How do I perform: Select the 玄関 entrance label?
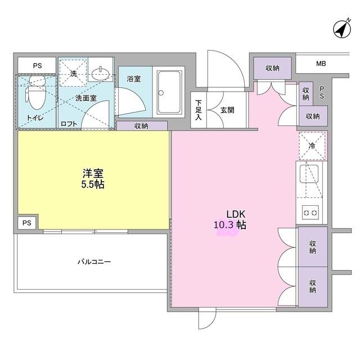(227, 110)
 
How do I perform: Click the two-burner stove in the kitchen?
(310, 212)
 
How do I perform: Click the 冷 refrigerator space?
(312, 145)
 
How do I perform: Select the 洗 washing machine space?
(73, 74)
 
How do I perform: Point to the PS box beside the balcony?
(26, 223)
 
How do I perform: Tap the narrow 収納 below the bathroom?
(142, 125)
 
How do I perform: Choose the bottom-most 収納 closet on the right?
(312, 286)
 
